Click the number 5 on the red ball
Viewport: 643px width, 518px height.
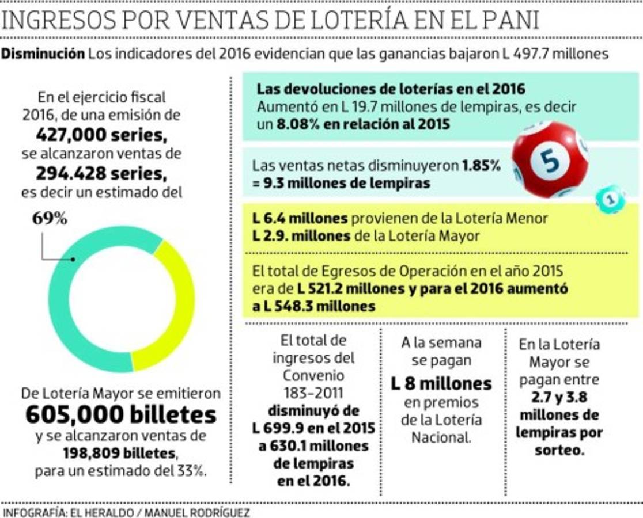(x=551, y=161)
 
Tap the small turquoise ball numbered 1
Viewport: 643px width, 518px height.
(x=610, y=199)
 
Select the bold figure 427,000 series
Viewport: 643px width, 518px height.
(x=101, y=135)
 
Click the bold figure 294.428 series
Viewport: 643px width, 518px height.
(x=101, y=173)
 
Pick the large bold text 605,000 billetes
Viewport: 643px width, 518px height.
(x=121, y=414)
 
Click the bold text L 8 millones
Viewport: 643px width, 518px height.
(x=441, y=383)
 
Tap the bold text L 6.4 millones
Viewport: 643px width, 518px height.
(x=300, y=219)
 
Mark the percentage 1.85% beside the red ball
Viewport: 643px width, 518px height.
(x=481, y=166)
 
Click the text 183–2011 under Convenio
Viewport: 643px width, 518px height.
(x=313, y=393)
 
